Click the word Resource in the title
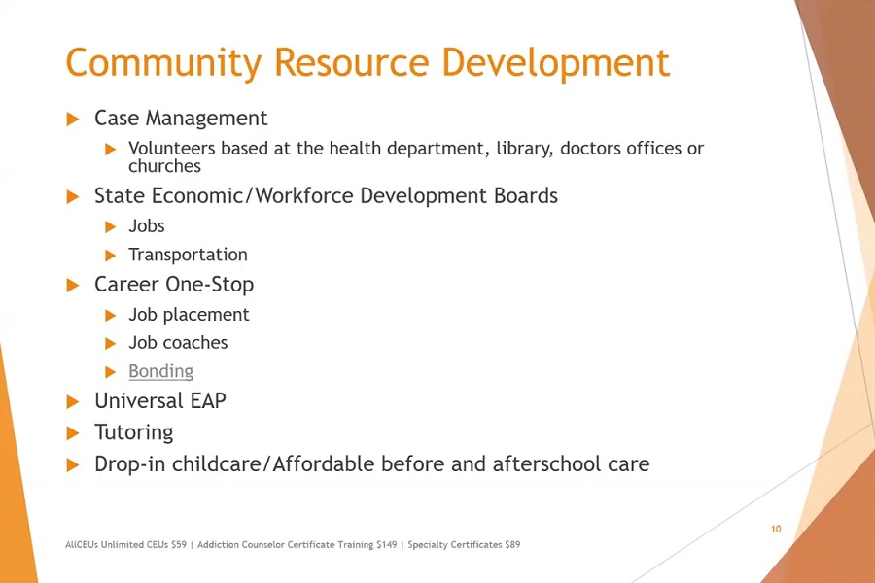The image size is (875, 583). pos(352,62)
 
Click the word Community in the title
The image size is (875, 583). pos(163,63)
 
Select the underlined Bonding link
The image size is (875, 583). pos(160,372)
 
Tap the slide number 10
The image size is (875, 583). pos(776,529)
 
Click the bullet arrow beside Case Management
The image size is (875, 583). pos(73,119)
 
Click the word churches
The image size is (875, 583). pos(164,166)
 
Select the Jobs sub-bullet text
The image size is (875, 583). pos(146,226)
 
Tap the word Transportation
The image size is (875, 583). pos(188,255)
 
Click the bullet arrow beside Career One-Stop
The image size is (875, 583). pos(73,285)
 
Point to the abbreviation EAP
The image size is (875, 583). pos(208,400)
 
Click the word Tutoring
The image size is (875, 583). pos(134,433)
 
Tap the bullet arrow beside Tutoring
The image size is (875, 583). pos(73,433)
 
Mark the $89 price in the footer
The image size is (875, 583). pos(512,544)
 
